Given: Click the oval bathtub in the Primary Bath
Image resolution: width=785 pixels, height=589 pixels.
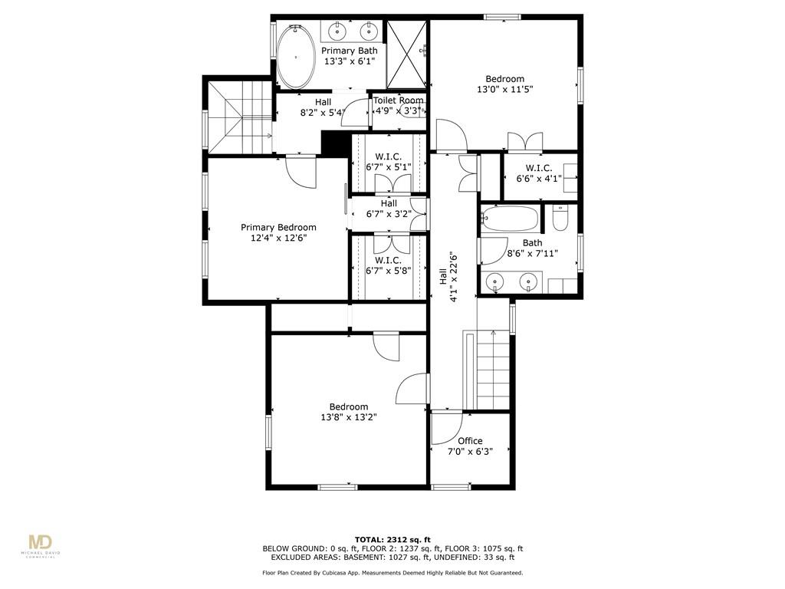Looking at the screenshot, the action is (297, 57).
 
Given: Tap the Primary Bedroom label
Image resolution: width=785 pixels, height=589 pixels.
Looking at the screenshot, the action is (278, 227).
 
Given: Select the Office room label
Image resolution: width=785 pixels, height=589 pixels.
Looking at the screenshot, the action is (470, 441).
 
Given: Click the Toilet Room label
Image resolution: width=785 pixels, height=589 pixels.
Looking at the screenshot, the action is (399, 100).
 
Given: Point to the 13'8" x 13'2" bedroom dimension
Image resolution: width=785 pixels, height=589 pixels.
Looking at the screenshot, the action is (349, 417).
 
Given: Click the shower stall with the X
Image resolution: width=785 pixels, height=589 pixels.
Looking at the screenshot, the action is (406, 54).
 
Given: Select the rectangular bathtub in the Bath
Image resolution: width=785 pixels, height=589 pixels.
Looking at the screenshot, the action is (510, 219).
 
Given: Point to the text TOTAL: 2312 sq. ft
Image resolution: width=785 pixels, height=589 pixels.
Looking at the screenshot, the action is (392, 540).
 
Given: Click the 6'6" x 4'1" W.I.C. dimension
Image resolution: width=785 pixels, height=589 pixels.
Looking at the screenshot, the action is (539, 178).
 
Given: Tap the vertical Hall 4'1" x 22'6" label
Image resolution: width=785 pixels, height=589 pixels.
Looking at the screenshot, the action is (448, 276).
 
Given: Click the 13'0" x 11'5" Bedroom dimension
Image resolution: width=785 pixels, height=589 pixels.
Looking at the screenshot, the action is (504, 90).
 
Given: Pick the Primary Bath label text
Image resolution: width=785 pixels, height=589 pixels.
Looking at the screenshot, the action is (350, 51).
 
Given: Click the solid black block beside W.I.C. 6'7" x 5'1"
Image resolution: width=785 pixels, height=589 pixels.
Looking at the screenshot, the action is (335, 143).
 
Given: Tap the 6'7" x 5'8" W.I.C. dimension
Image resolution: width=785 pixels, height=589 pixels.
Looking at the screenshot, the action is (389, 271).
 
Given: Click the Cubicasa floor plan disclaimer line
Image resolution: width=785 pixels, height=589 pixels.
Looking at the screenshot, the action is (392, 572).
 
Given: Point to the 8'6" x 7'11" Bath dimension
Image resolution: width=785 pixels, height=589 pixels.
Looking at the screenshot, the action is (532, 253).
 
